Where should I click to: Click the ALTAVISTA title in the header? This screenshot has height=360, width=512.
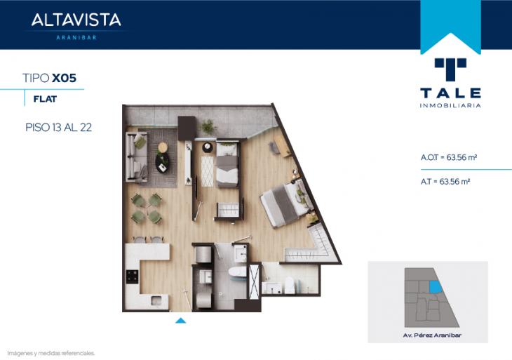pyautogui.click(x=76, y=20)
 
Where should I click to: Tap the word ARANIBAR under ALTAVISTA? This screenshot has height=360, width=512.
pyautogui.click(x=76, y=38)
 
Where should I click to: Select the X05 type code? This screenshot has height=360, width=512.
pyautogui.click(x=64, y=78)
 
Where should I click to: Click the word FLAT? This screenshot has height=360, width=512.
pyautogui.click(x=45, y=99)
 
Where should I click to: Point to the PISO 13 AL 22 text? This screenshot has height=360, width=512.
pyautogui.click(x=58, y=127)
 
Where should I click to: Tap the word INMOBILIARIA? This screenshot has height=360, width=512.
pyautogui.click(x=450, y=105)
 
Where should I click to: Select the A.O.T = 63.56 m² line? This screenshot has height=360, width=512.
pyautogui.click(x=449, y=157)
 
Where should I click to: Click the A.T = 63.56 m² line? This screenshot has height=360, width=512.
pyautogui.click(x=445, y=182)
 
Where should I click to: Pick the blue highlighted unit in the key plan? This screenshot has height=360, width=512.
pyautogui.click(x=436, y=287)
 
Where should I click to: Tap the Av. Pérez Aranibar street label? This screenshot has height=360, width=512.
pyautogui.click(x=432, y=335)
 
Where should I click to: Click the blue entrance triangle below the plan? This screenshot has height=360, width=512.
pyautogui.click(x=180, y=321)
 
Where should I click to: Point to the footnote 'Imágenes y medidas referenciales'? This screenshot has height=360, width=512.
pyautogui.click(x=51, y=353)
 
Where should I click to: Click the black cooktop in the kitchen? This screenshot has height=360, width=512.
pyautogui.click(x=133, y=276)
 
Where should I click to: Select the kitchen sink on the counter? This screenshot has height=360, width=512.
pyautogui.click(x=156, y=300)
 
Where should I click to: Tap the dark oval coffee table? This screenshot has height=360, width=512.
pyautogui.click(x=162, y=162)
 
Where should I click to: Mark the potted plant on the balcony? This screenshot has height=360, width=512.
pyautogui.click(x=208, y=126)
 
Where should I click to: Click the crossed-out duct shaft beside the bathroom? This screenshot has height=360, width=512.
pyautogui.click(x=254, y=281)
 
